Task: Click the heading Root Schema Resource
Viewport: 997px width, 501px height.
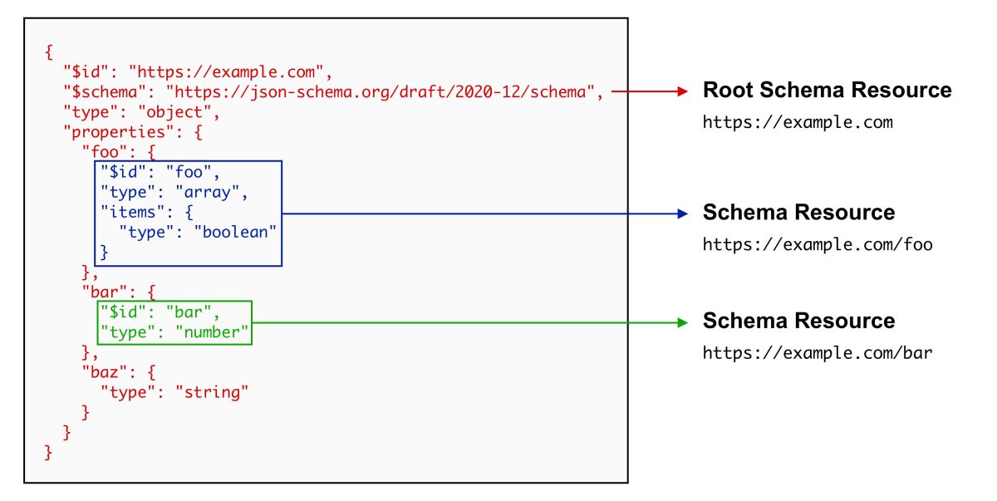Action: (827, 91)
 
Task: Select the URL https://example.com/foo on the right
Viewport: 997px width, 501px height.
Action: (818, 245)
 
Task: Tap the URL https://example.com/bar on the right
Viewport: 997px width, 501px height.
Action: (818, 353)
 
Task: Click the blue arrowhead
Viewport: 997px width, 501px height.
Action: (685, 214)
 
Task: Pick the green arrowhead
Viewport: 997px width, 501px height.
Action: (685, 322)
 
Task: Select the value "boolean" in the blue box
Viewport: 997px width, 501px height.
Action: (234, 232)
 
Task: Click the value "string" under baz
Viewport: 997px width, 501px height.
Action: (211, 391)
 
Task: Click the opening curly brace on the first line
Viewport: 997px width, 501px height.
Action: (48, 52)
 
